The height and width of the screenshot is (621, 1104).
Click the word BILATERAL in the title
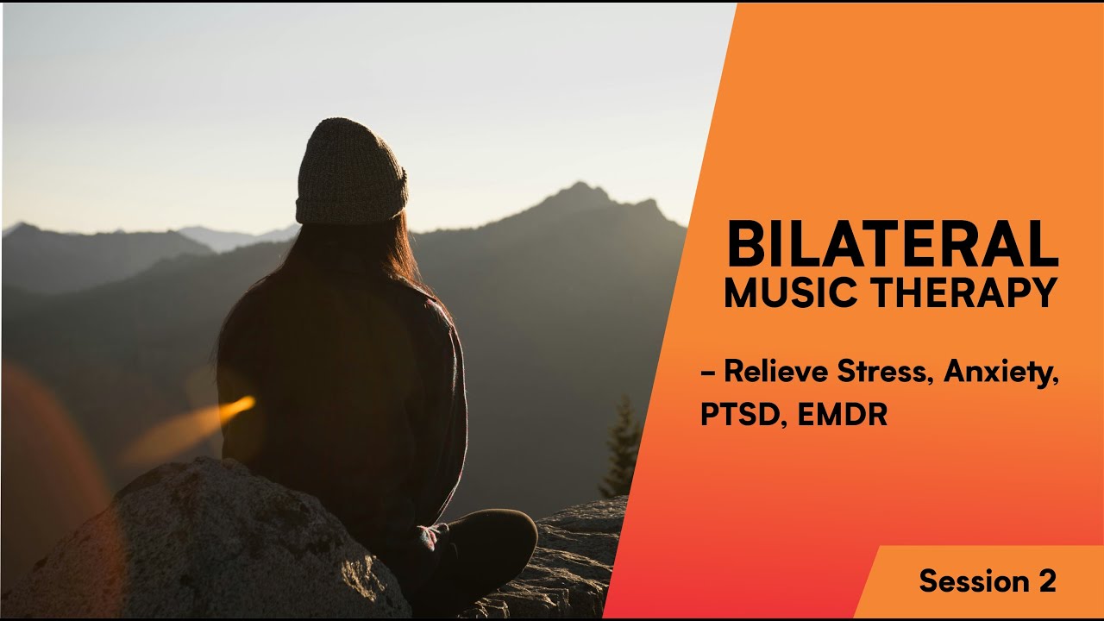[892, 245]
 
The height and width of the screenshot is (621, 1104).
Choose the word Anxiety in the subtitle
[1000, 374]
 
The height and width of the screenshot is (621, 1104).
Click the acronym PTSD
[743, 414]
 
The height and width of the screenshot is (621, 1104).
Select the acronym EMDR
[843, 414]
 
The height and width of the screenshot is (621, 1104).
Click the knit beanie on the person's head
[350, 168]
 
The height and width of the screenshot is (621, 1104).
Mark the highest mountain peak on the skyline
[580, 187]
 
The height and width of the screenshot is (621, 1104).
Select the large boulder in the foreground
[207, 552]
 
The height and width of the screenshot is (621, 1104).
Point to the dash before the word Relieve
[707, 374]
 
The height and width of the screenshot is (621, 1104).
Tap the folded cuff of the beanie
[350, 207]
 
